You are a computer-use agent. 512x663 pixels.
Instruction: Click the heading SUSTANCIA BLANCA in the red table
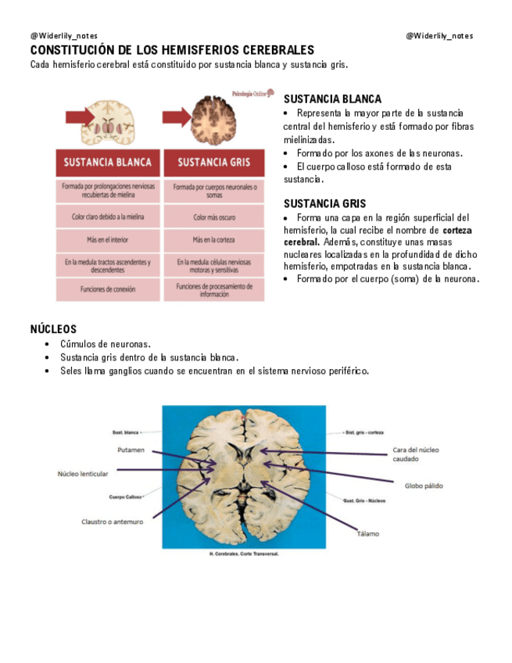pos(108,163)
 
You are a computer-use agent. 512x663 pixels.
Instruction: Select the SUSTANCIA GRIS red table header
pos(213,163)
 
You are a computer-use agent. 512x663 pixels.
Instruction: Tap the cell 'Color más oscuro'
pos(213,217)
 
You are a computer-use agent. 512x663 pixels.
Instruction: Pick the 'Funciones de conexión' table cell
pos(108,289)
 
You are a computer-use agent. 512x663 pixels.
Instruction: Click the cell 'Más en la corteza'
pos(213,240)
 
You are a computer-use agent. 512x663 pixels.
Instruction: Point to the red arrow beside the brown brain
pos(175,117)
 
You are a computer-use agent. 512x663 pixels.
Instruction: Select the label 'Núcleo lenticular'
pos(83,474)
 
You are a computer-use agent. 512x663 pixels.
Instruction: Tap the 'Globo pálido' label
pos(423,486)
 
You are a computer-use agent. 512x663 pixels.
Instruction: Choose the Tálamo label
pos(367,534)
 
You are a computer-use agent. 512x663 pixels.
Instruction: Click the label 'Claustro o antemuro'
pos(112,521)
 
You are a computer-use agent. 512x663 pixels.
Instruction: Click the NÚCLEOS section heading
pos(53,330)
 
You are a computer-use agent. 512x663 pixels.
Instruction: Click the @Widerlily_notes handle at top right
pos(439,36)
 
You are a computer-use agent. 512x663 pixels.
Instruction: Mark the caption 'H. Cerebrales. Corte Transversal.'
pos(244,554)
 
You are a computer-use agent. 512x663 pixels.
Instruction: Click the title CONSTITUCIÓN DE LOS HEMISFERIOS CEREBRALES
pos(172,50)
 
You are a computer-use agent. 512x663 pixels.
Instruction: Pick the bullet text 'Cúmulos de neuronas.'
pos(106,344)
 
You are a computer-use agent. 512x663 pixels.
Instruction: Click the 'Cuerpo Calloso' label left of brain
pos(125,497)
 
